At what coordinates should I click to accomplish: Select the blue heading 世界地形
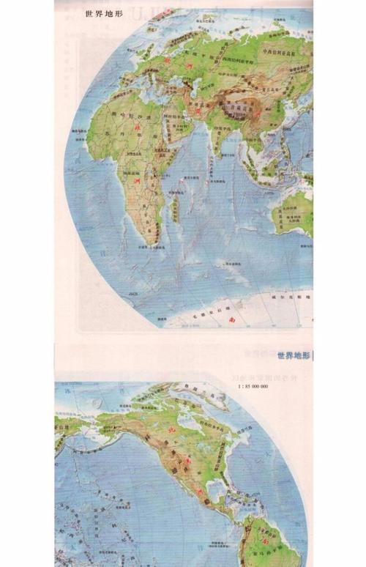pyautogui.click(x=294, y=358)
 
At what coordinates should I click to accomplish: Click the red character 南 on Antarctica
pyautogui.click(x=232, y=319)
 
